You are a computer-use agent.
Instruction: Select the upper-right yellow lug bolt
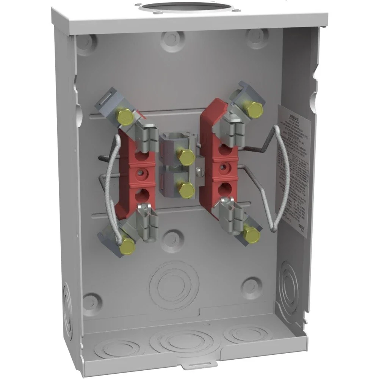[255, 108]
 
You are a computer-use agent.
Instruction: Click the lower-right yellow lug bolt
[252, 234]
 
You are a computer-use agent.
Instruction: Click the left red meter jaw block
[137, 174]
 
